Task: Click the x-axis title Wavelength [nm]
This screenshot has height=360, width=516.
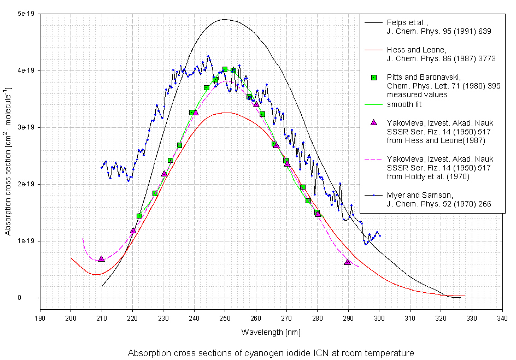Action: tap(271, 332)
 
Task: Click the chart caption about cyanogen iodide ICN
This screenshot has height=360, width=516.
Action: tap(271, 353)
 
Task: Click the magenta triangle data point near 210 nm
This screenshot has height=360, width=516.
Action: tap(101, 258)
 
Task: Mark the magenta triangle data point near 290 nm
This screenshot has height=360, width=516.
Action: tap(347, 262)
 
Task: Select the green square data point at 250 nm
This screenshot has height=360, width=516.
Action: tap(225, 69)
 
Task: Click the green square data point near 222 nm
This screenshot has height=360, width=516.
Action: tap(139, 216)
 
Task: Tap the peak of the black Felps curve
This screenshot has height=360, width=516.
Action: tap(225, 20)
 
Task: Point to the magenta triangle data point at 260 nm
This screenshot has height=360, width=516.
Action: tap(256, 104)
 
